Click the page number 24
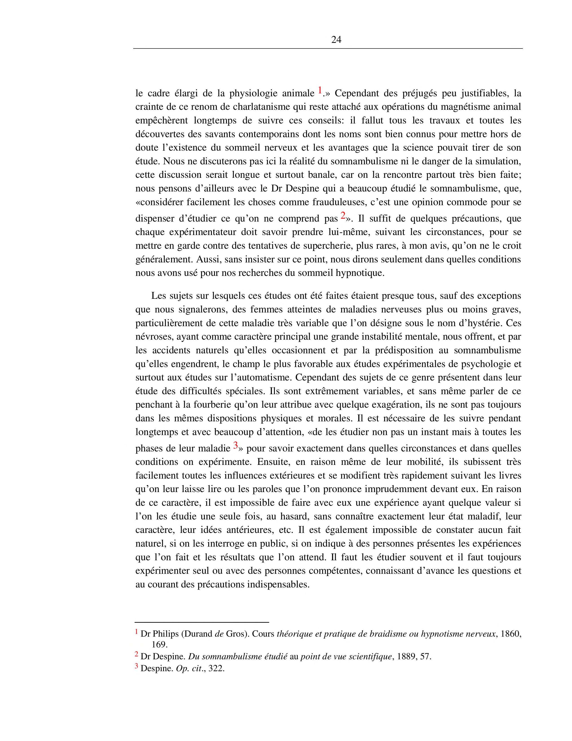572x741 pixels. (x=336, y=40)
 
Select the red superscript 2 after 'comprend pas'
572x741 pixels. (x=343, y=215)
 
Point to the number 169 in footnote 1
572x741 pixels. (x=159, y=644)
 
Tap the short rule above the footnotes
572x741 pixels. (x=202, y=622)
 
